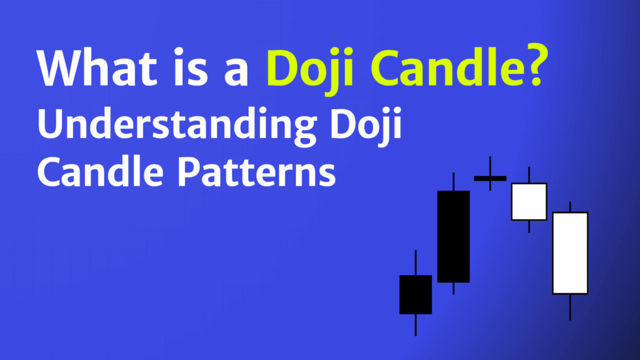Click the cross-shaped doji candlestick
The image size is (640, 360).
490,178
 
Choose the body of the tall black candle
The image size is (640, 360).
453,237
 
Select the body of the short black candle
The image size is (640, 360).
415,294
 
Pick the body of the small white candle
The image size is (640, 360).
529,201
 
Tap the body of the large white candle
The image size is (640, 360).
570,253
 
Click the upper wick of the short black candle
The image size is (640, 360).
415,263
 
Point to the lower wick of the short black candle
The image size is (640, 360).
415,325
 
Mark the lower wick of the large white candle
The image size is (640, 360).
570,307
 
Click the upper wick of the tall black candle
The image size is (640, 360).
453,182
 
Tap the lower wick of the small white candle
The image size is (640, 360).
529,226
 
